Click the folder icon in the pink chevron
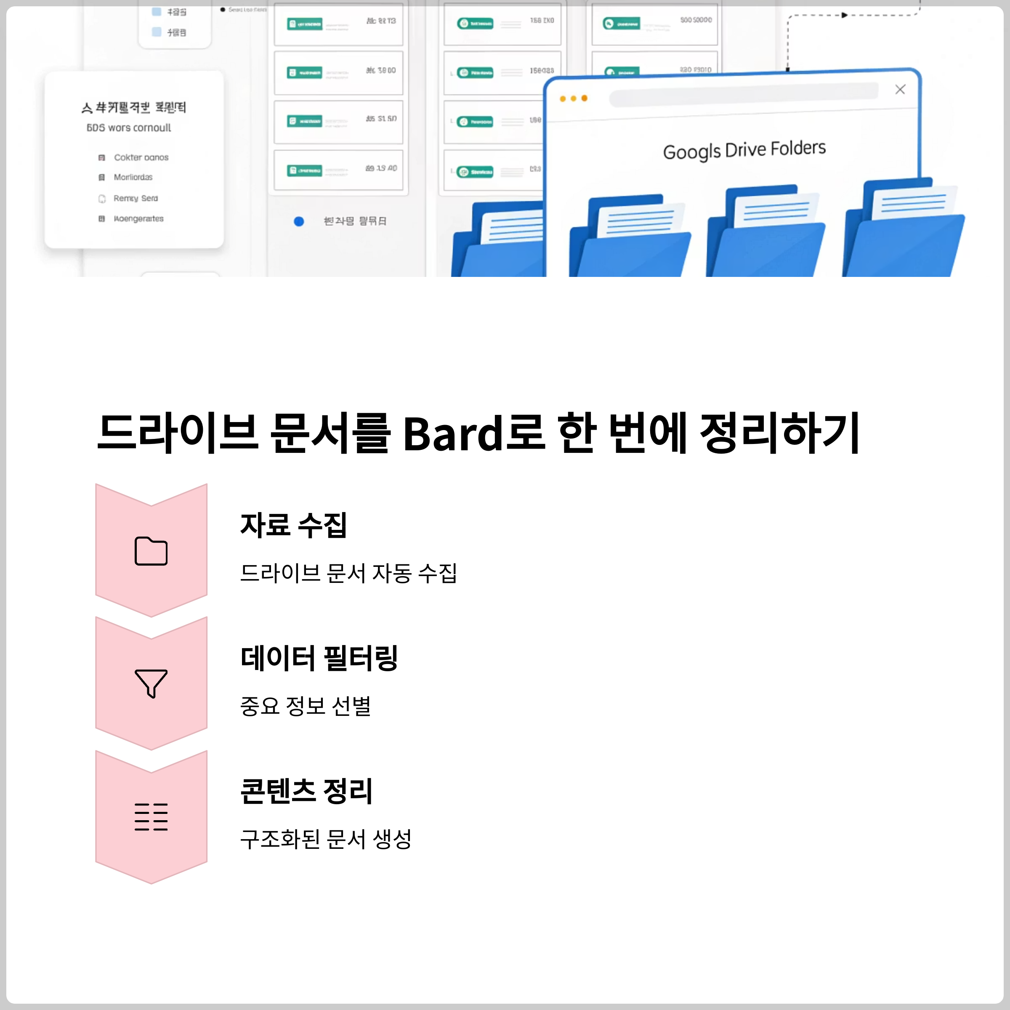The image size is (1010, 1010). (151, 551)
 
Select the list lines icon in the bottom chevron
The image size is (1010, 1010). (151, 816)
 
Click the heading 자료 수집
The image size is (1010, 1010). (293, 525)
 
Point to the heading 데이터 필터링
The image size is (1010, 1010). (319, 658)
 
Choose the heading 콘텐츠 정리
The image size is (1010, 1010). (306, 791)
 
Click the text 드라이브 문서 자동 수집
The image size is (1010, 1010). (348, 573)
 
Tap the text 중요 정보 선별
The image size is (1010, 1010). (305, 706)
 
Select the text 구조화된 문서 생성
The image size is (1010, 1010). (326, 839)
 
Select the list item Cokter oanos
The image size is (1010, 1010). (141, 157)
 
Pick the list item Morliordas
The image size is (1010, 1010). (133, 177)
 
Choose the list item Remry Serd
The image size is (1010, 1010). (136, 198)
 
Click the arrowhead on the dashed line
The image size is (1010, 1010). (844, 15)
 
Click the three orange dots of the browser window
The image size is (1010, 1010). (574, 98)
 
